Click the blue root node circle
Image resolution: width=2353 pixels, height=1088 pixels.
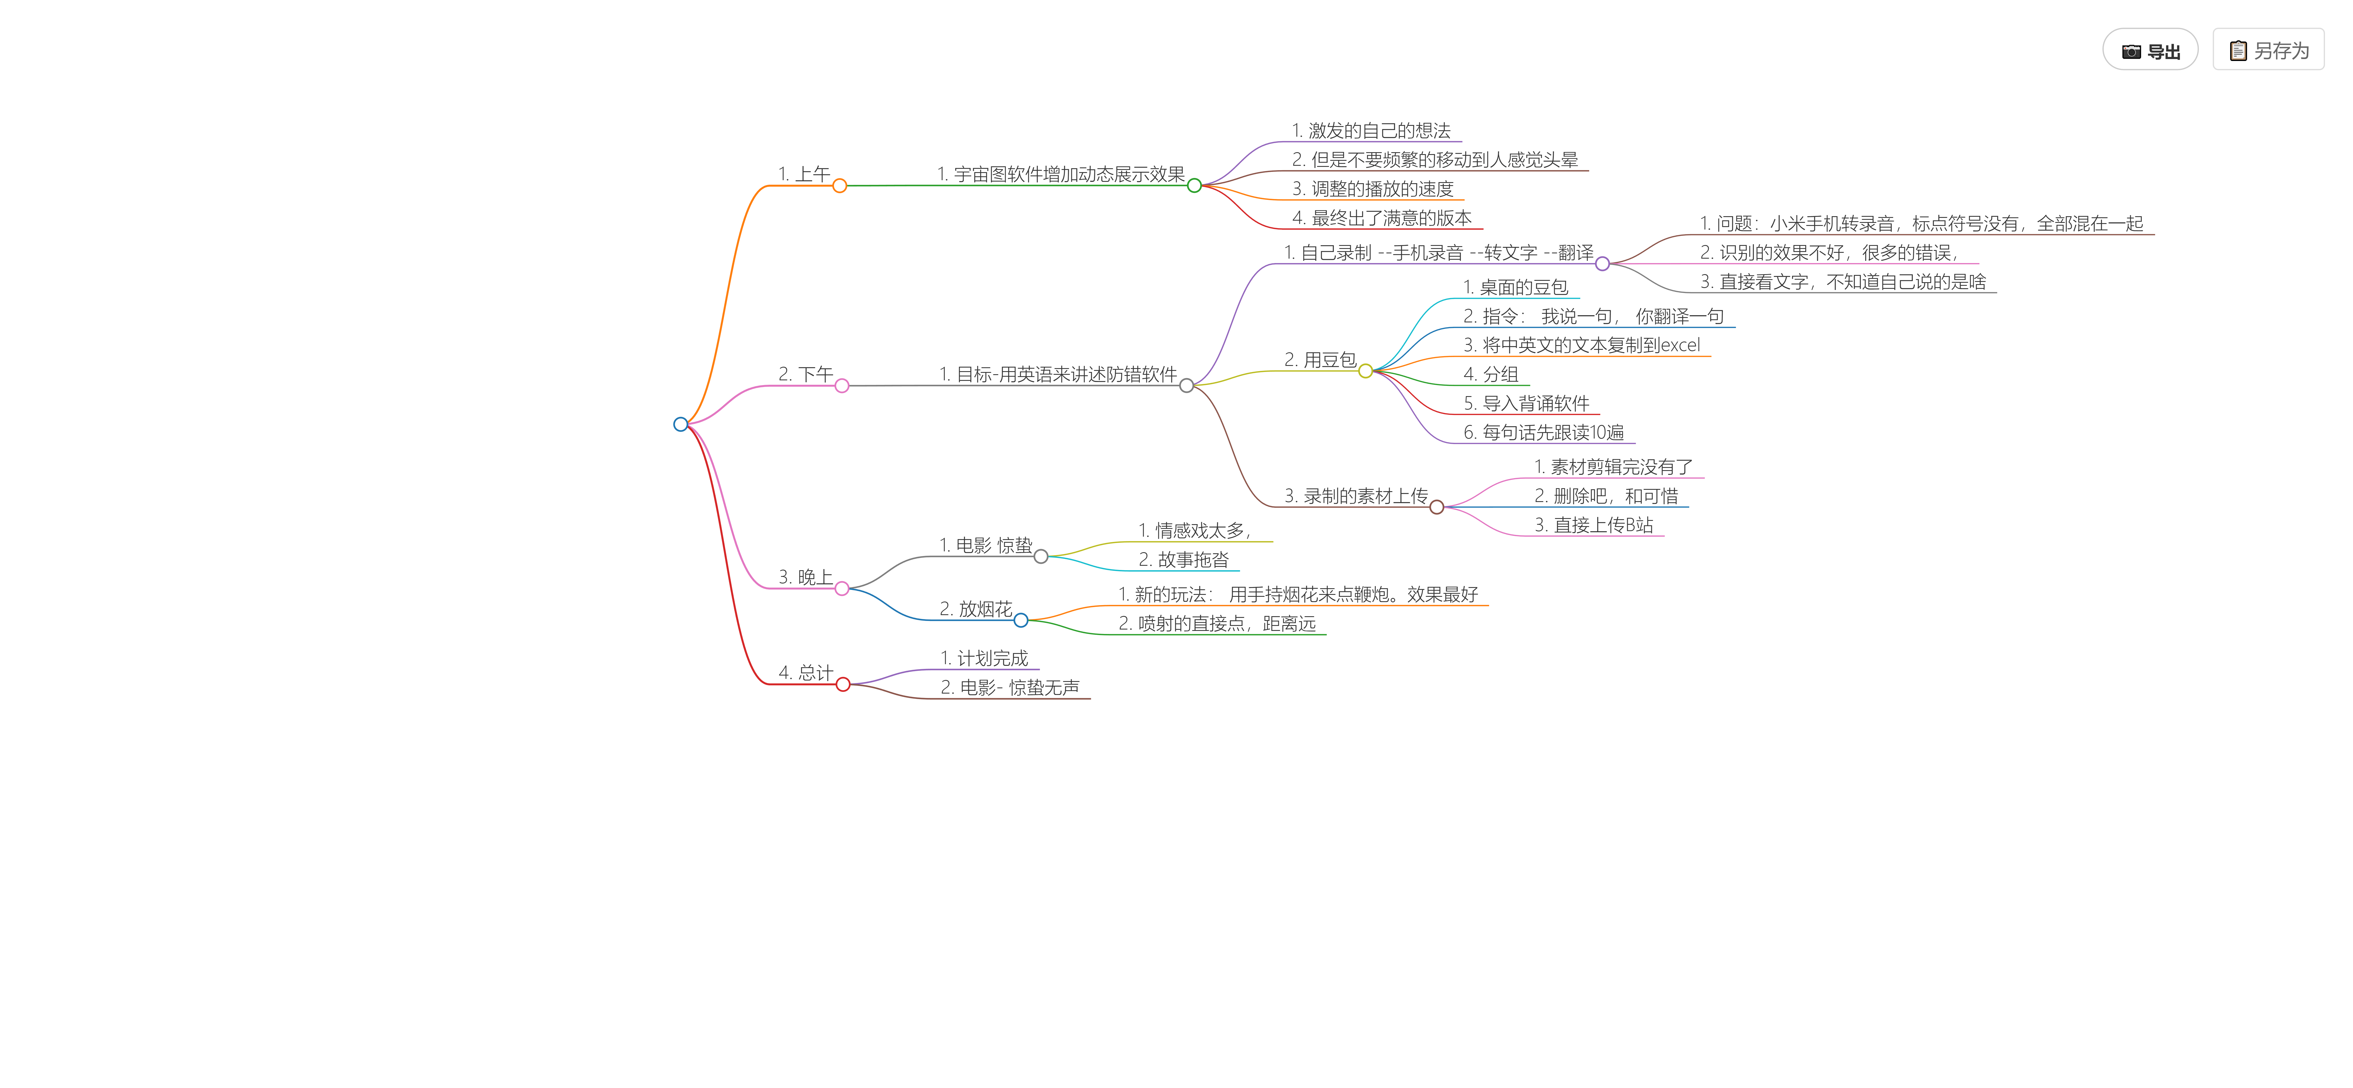tap(680, 424)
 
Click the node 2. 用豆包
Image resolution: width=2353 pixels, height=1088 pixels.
tap(1320, 359)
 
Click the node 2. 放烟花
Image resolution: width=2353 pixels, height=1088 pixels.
tap(976, 608)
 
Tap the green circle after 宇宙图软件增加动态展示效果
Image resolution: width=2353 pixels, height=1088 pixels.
tap(1194, 185)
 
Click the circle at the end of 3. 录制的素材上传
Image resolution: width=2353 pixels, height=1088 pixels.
tap(1437, 507)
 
